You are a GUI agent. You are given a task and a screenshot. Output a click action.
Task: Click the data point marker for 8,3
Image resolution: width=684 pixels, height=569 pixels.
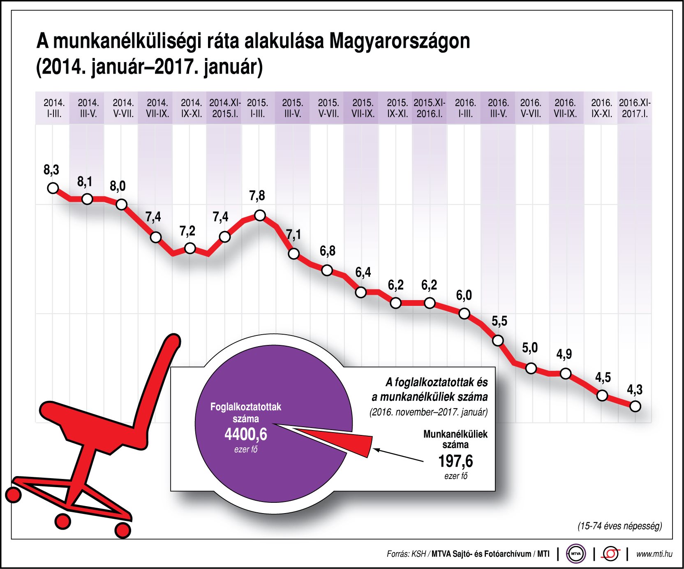(53, 188)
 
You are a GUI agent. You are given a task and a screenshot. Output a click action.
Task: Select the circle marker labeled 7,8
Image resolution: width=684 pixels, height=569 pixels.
(260, 215)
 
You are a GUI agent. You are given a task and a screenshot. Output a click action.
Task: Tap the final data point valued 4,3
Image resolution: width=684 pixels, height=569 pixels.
(635, 406)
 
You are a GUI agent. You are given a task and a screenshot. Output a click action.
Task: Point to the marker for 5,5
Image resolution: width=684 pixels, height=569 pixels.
(498, 340)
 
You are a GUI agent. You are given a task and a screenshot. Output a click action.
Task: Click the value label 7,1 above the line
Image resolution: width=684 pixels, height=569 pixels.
(293, 235)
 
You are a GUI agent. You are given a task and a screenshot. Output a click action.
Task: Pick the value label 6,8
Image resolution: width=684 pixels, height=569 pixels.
(327, 251)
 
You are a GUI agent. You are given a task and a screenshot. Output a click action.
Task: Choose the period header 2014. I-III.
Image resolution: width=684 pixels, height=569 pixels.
(54, 108)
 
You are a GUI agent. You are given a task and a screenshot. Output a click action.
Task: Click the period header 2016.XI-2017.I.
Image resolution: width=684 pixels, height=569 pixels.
(635, 108)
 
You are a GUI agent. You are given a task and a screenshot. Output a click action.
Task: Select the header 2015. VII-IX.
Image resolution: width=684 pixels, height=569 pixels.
(363, 108)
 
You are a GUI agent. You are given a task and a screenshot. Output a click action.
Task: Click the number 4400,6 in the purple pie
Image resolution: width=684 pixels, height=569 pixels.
(246, 434)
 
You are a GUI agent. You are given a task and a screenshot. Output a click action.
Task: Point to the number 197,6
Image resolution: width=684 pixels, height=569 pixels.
(455, 461)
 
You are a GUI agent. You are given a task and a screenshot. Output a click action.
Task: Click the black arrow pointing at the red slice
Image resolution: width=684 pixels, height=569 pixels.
(399, 455)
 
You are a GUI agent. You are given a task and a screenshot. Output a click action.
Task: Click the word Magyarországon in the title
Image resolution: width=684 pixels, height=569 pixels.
(400, 41)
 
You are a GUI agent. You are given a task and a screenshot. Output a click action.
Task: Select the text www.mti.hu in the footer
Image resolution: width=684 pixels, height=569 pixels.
(654, 554)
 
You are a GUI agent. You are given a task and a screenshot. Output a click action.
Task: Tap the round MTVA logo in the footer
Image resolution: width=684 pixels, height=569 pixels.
(575, 554)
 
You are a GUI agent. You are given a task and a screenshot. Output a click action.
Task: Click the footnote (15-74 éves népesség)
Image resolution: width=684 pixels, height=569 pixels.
(619, 526)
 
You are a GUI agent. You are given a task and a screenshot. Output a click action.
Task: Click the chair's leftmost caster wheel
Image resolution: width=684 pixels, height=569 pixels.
(14, 495)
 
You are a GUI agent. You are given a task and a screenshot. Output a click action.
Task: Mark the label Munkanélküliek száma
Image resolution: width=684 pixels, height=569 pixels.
(455, 439)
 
